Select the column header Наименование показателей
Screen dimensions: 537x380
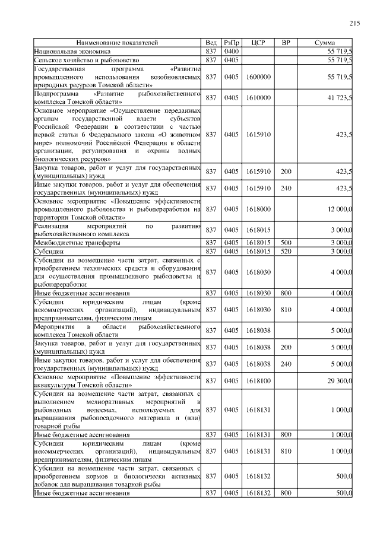point(117,43)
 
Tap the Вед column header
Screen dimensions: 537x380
point(211,43)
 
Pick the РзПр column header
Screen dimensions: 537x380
point(231,43)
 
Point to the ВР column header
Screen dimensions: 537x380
point(286,43)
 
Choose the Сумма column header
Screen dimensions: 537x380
point(325,43)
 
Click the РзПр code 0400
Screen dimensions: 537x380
point(231,52)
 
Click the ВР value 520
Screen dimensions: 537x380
point(286,251)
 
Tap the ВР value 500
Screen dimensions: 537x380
point(286,243)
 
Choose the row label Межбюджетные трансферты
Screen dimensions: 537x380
point(78,243)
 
